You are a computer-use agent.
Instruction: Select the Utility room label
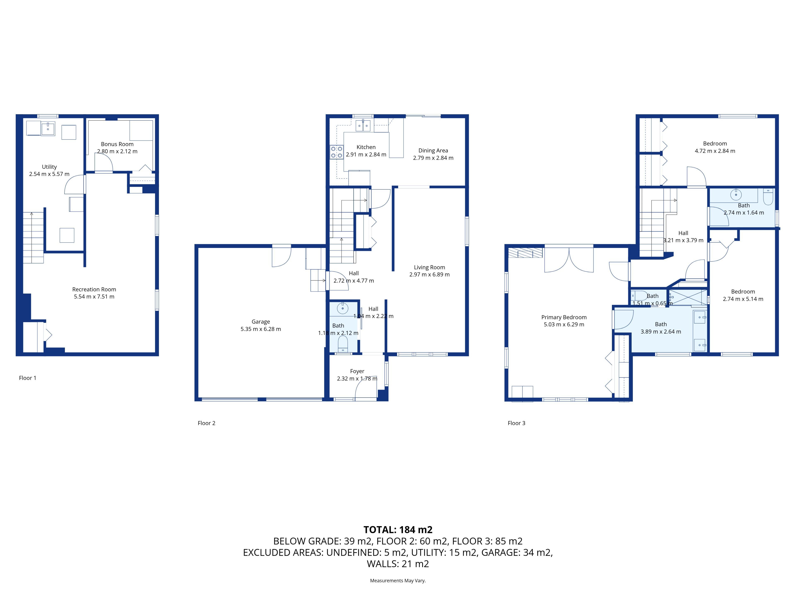49,167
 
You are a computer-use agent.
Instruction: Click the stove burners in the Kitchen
337,152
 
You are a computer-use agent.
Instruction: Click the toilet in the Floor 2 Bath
343,344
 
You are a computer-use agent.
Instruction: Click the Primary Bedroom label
564,317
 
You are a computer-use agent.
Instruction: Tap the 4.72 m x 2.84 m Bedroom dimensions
715,151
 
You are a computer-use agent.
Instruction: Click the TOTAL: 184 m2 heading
398,530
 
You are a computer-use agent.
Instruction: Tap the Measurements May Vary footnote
398,580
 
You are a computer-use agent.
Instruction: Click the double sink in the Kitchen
363,126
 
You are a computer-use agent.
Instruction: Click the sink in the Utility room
48,129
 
